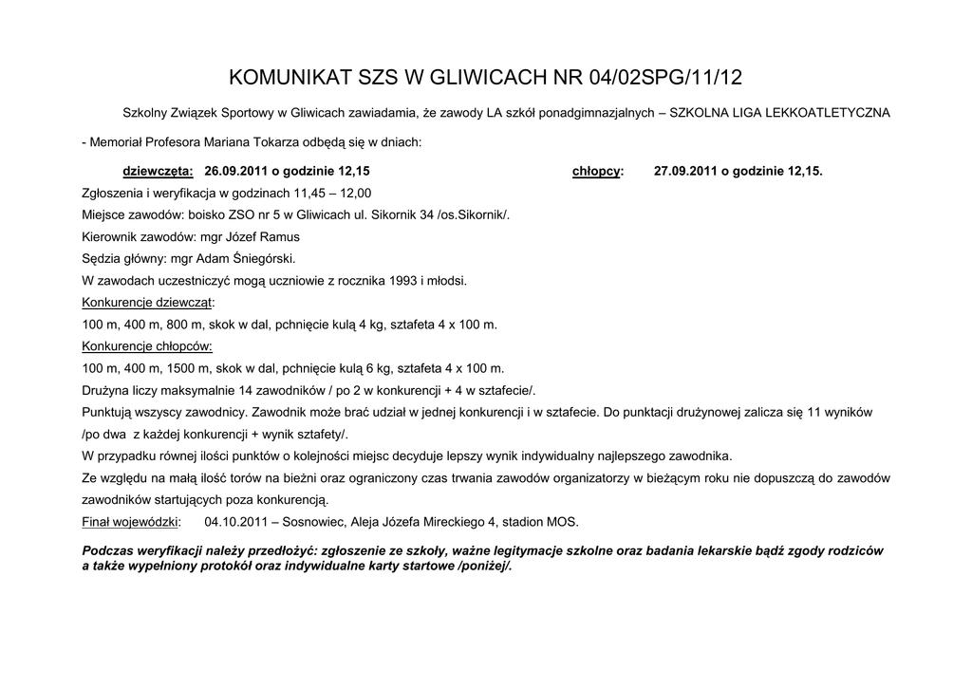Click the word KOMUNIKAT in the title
(282, 77)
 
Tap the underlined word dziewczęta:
(159, 172)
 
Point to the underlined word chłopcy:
(598, 172)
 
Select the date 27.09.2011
(686, 172)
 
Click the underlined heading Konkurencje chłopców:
(147, 346)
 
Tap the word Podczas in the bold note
(109, 551)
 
